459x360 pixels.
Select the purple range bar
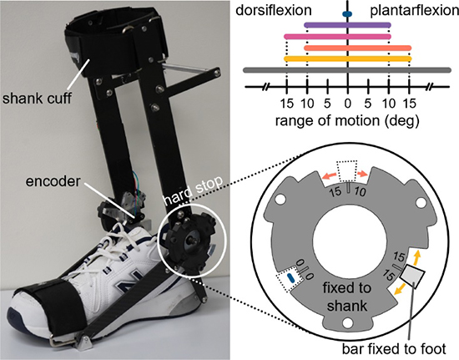pos(347,25)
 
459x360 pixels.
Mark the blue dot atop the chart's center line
pos(347,13)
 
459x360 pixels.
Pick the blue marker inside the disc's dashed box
pos(290,277)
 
